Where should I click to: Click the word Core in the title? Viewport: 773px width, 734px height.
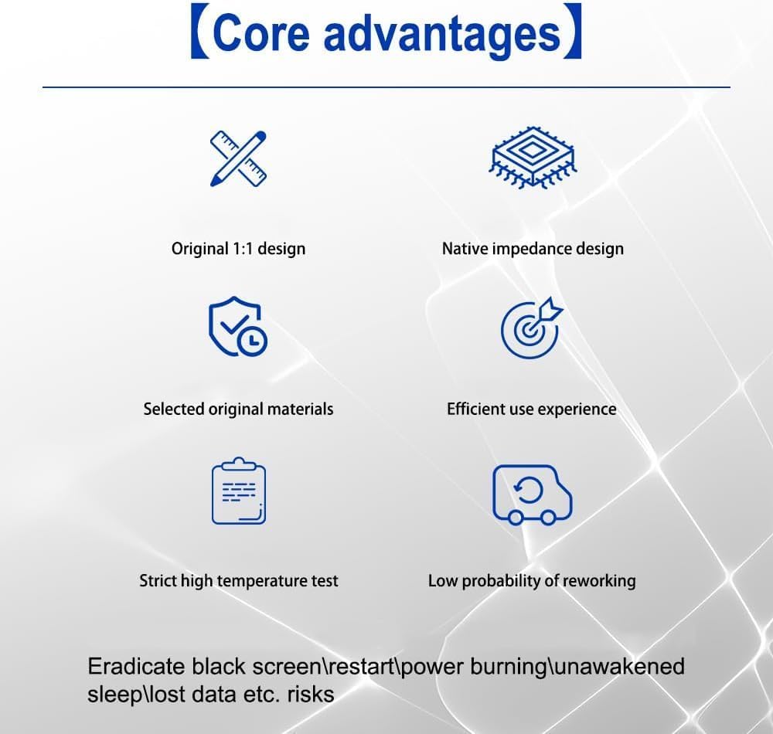click(x=261, y=32)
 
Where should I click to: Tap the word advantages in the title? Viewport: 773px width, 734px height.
click(x=442, y=35)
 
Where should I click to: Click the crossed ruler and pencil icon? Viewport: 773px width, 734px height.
click(x=238, y=158)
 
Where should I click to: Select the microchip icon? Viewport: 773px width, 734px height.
click(x=533, y=158)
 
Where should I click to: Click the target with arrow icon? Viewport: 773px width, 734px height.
click(x=532, y=328)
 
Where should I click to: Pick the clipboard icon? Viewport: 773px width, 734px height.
click(x=239, y=491)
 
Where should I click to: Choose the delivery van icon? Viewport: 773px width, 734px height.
click(x=533, y=494)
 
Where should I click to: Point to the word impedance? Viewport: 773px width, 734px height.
click(x=532, y=249)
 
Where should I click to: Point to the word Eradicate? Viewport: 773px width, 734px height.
click(x=137, y=667)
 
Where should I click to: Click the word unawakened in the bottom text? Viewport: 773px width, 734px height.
click(x=618, y=667)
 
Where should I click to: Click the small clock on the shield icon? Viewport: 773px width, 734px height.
click(x=253, y=339)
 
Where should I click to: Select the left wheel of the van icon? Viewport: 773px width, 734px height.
click(x=515, y=518)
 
